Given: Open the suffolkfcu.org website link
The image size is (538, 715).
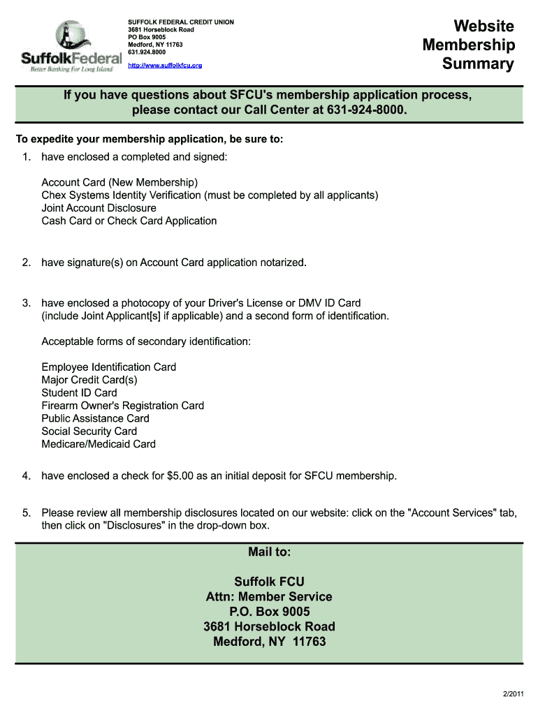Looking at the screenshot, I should click(165, 66).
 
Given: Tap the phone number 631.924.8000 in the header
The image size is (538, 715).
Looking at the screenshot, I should click(147, 52).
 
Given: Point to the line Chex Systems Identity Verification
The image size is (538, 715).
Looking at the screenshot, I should click(210, 196).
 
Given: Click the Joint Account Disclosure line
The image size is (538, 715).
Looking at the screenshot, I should click(99, 208).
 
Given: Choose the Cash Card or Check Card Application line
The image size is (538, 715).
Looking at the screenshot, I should click(129, 221).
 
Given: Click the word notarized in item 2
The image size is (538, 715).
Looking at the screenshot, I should click(282, 263).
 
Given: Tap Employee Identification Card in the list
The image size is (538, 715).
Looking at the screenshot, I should click(109, 367).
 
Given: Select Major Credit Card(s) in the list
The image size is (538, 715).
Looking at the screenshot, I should click(89, 380).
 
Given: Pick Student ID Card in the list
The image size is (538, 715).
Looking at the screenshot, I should click(80, 392).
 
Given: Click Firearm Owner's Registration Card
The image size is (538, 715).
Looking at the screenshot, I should click(123, 406).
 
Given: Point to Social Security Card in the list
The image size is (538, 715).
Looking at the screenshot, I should click(89, 431).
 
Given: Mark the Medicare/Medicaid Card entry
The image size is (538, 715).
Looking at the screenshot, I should click(99, 444).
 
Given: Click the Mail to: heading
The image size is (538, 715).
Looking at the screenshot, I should click(269, 552).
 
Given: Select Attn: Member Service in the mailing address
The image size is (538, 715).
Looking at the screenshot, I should click(269, 597).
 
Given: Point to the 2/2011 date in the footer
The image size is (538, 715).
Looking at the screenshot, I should click(512, 694).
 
